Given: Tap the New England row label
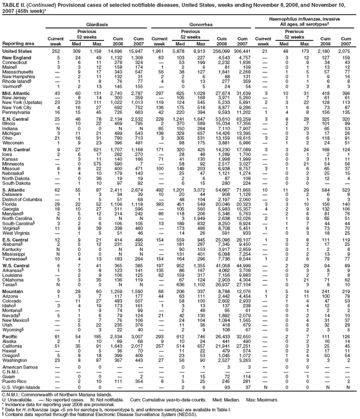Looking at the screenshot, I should [17, 58].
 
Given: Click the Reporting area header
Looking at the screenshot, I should [19, 43].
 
